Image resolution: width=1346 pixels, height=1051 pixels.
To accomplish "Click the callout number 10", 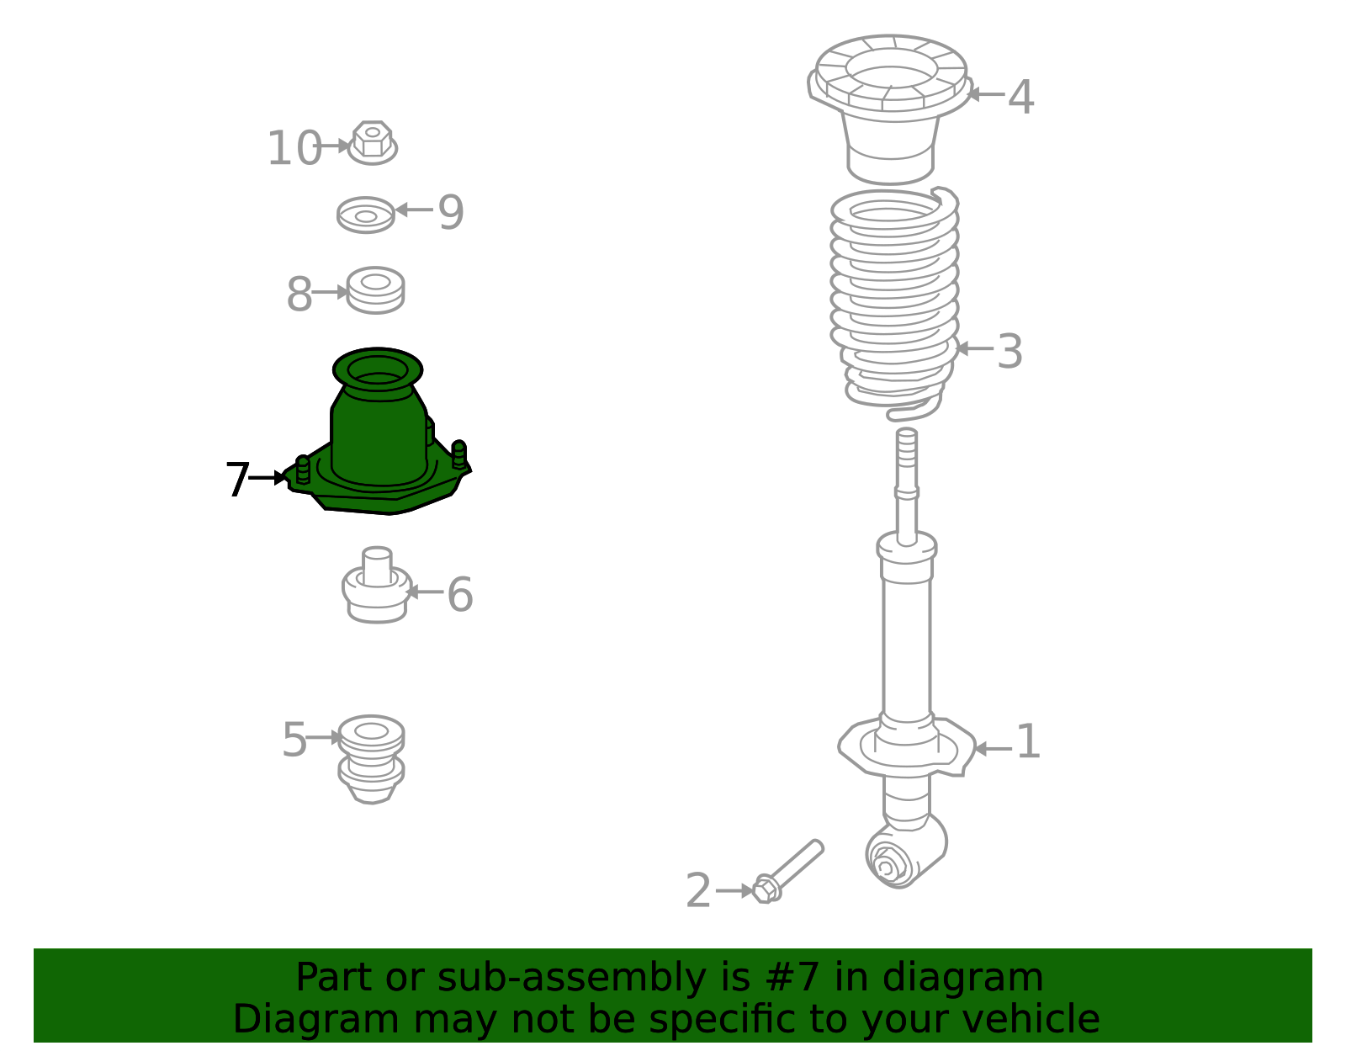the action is [294, 149].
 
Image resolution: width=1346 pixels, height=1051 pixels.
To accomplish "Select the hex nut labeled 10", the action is [373, 142].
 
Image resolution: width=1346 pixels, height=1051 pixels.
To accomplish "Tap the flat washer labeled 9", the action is [365, 215].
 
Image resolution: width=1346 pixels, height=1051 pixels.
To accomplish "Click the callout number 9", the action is [451, 212].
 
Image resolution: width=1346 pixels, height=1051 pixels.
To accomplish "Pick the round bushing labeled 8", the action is [375, 289].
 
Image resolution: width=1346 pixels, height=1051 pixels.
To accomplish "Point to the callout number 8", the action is [299, 295].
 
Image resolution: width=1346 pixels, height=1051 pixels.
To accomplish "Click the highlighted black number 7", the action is [237, 479].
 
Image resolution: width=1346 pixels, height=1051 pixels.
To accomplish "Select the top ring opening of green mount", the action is [378, 369].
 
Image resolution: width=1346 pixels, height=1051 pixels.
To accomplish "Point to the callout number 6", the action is [460, 595].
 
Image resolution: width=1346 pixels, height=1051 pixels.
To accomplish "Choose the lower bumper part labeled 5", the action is [371, 759].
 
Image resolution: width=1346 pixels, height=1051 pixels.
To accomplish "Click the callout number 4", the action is [1020, 98].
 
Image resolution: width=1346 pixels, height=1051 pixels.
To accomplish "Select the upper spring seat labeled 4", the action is [889, 109].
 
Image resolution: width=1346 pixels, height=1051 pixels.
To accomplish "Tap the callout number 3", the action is [1010, 352].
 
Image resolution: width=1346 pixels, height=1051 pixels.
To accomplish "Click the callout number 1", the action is [1028, 741].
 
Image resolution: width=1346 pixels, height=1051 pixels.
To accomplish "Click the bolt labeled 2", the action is [788, 872].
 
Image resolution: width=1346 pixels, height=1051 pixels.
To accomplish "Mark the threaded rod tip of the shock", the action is [906, 433].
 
